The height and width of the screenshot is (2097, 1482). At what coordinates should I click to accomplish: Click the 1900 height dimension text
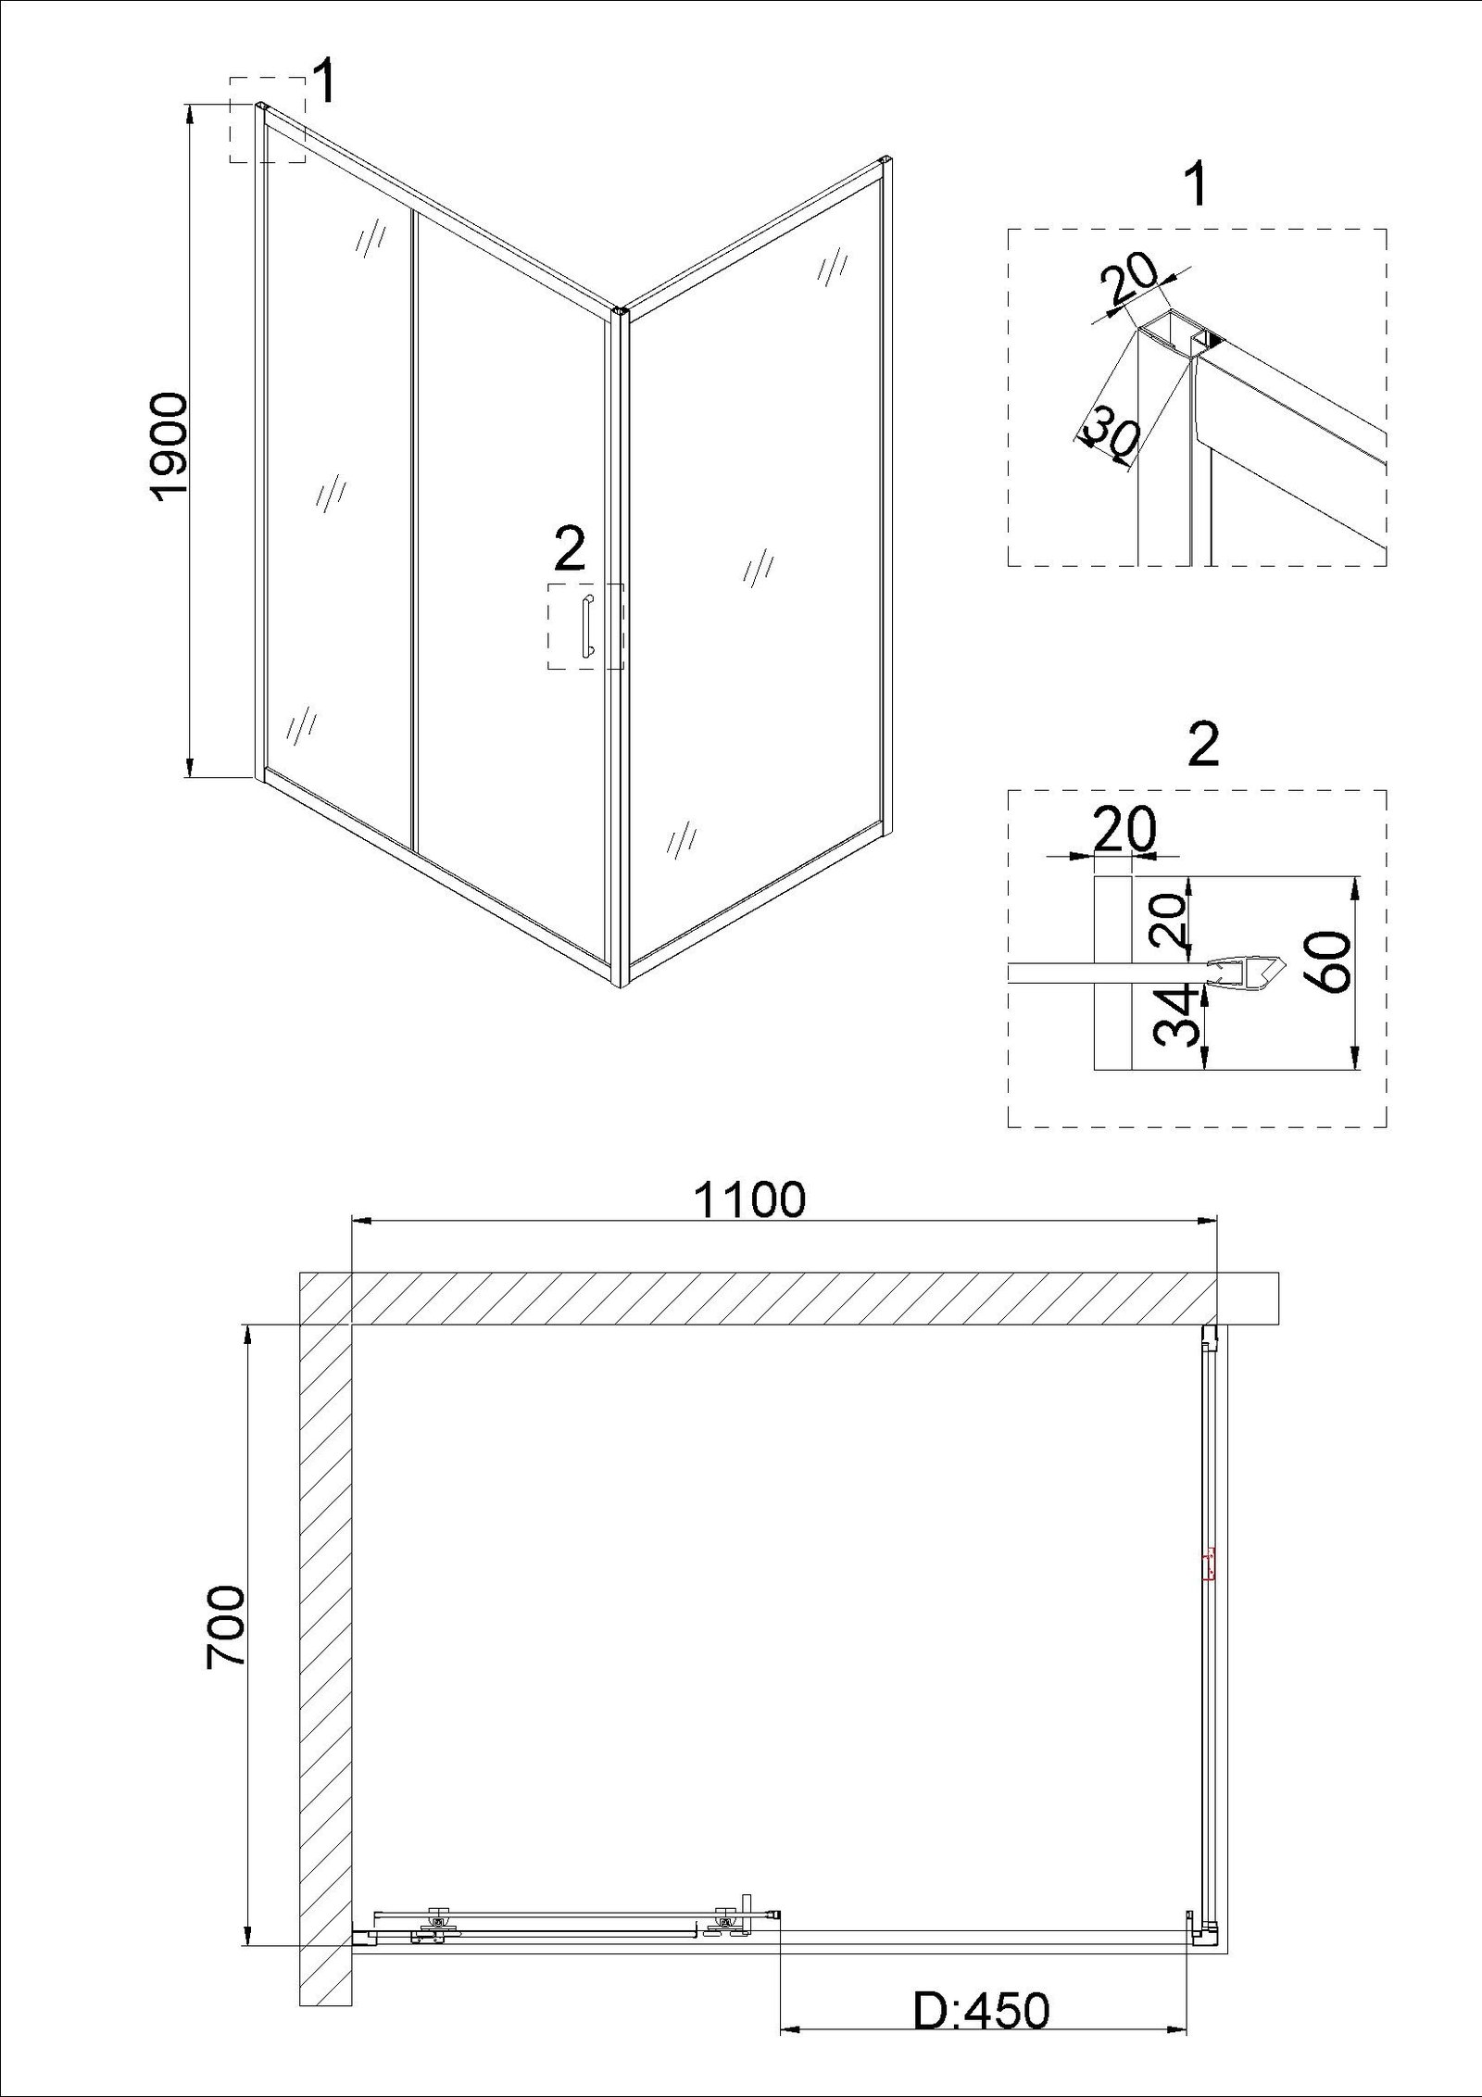pos(170,447)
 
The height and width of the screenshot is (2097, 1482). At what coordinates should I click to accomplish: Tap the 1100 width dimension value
pos(749,1201)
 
